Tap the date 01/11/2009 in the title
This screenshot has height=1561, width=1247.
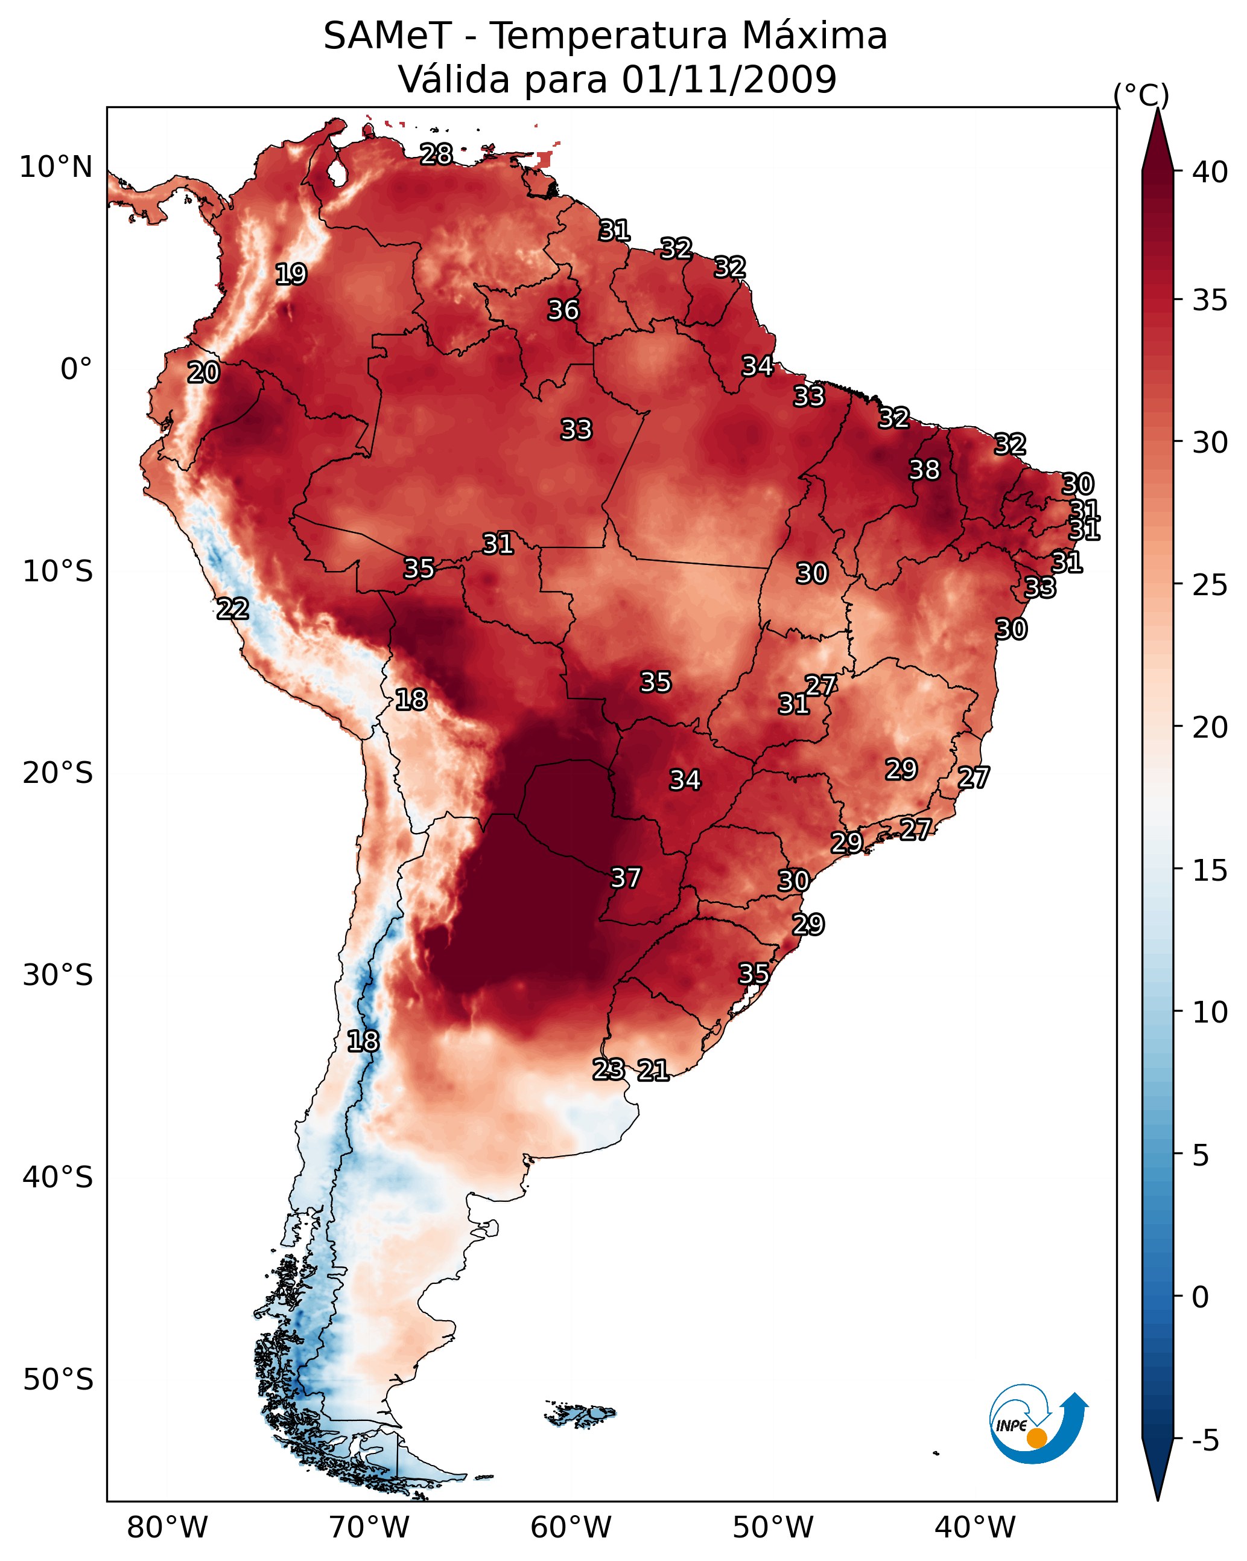[729, 79]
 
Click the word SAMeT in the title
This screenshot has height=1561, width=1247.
[387, 36]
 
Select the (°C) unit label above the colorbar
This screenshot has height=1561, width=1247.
[1141, 95]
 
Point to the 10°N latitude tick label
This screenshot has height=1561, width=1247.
[56, 167]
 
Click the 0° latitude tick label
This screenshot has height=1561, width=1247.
[76, 369]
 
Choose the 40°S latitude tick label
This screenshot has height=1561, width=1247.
[57, 1178]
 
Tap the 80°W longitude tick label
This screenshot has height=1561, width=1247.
[167, 1528]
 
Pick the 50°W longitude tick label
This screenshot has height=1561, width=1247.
[773, 1528]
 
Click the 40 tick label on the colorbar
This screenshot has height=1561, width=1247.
[1210, 172]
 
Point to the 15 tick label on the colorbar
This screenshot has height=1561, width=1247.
[1210, 870]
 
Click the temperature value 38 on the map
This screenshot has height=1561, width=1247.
[924, 470]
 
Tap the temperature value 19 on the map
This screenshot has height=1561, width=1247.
[291, 275]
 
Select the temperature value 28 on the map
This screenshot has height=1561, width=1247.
[436, 154]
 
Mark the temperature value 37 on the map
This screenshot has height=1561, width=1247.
[626, 878]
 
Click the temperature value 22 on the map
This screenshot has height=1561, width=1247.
[233, 609]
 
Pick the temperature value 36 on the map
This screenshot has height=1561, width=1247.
[563, 310]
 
